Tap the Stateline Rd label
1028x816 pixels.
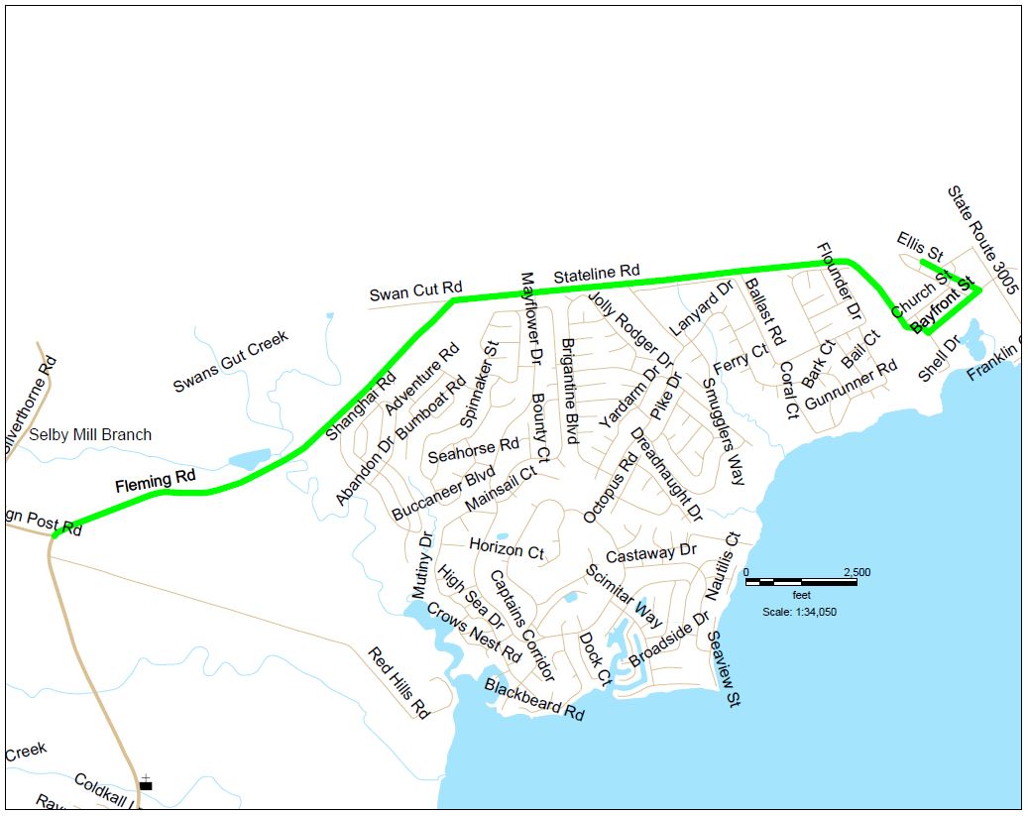tap(597, 273)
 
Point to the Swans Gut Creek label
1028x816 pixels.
tap(231, 361)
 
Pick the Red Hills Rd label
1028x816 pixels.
tap(398, 683)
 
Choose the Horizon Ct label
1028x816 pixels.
tap(507, 547)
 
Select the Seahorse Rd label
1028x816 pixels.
tap(474, 450)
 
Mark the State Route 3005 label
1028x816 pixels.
tap(982, 242)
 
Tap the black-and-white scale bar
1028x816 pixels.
tap(801, 581)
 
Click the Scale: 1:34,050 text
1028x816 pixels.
tap(800, 612)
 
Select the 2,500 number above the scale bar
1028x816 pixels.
tap(856, 571)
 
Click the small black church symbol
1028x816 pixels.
tap(146, 784)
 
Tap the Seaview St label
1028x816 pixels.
tap(725, 671)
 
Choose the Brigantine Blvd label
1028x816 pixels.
tap(569, 390)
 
